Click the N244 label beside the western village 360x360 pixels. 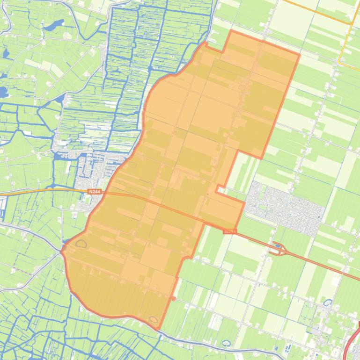pos(94,191)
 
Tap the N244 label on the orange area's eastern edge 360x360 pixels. pos(229,231)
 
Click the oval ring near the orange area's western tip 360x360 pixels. pos(81,244)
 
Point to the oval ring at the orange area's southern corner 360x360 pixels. pos(153,320)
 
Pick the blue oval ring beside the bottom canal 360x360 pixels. pos(226,343)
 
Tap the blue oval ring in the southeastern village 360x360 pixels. pos(328,303)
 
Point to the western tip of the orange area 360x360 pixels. pos(62,251)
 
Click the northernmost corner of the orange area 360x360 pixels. pos(231,31)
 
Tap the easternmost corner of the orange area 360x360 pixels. pos(299,55)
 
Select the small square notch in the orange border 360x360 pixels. pos(219,188)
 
